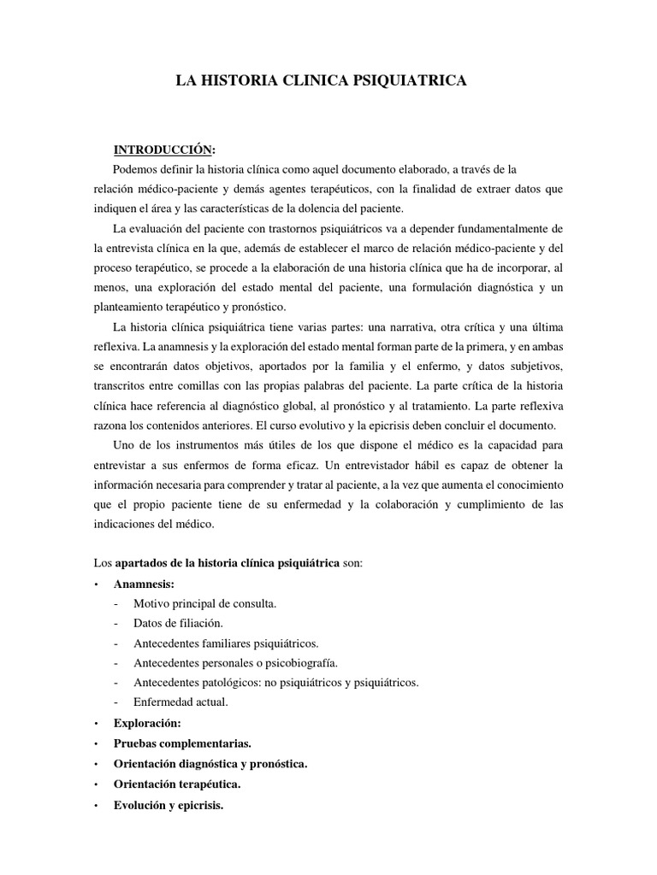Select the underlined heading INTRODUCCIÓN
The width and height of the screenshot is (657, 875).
pyautogui.click(x=165, y=150)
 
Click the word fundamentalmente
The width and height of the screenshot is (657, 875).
pyautogui.click(x=487, y=229)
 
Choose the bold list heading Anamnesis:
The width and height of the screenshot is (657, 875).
pyautogui.click(x=144, y=584)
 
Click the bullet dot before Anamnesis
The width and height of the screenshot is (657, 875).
pyautogui.click(x=97, y=584)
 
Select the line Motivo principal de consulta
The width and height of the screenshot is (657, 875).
pyautogui.click(x=204, y=603)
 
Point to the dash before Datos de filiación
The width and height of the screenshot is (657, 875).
pyautogui.click(x=115, y=624)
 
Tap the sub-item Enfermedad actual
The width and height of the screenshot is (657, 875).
pyautogui.click(x=181, y=702)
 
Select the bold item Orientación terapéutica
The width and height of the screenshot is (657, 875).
pyautogui.click(x=177, y=783)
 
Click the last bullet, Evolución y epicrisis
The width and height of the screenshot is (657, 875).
pyautogui.click(x=168, y=803)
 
